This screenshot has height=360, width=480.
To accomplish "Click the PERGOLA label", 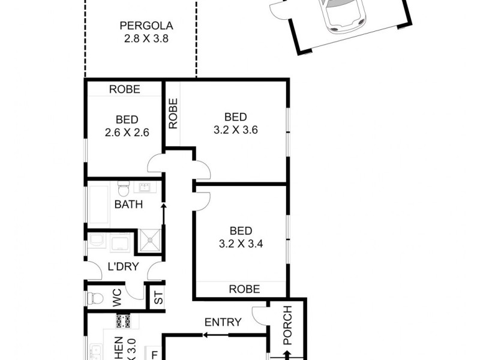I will [146, 26].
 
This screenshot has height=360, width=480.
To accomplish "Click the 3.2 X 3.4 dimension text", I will [240, 244].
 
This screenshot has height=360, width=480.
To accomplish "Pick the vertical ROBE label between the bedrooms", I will [173, 114].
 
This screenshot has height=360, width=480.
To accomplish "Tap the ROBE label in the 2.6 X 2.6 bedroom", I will [124, 89].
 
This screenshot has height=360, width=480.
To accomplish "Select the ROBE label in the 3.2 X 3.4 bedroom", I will [245, 289].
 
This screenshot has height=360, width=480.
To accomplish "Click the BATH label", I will [128, 204].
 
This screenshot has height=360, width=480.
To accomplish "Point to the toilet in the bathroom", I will [123, 190].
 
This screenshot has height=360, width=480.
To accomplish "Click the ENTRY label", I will [223, 322].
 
